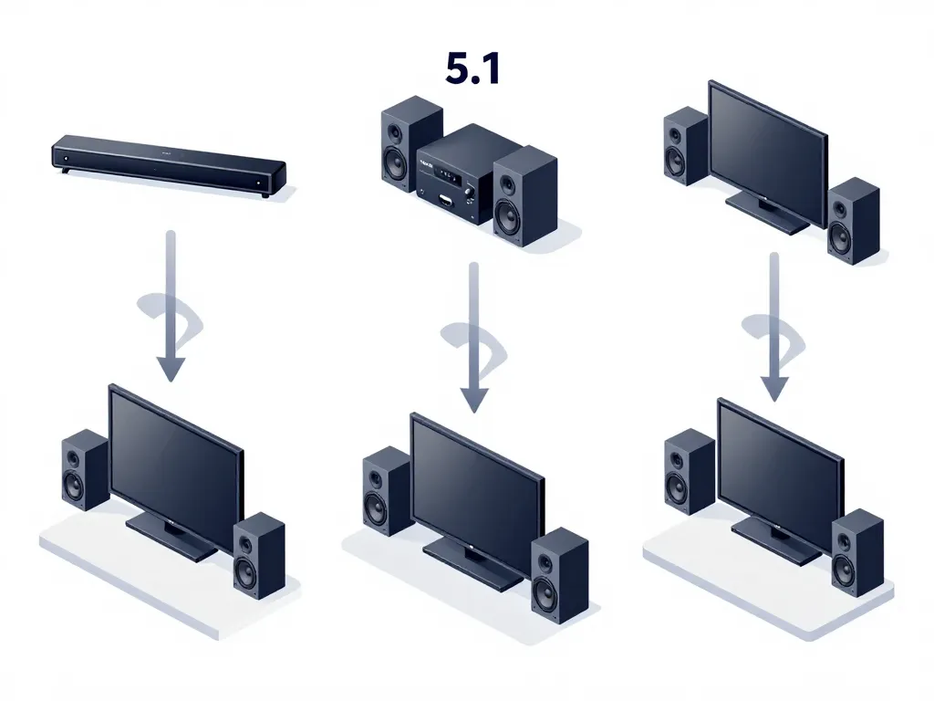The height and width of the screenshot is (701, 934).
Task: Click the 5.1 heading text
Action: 472,69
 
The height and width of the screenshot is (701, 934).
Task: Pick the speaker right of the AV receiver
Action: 524,196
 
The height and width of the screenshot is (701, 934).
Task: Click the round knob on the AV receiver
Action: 470,191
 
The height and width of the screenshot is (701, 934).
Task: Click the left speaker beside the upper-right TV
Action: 685,146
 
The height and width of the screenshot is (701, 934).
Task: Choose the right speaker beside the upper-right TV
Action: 853,221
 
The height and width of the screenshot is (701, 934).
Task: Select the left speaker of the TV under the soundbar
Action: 85,469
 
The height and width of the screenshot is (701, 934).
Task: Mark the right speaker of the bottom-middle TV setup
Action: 559,576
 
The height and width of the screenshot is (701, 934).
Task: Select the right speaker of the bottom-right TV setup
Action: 856,553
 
